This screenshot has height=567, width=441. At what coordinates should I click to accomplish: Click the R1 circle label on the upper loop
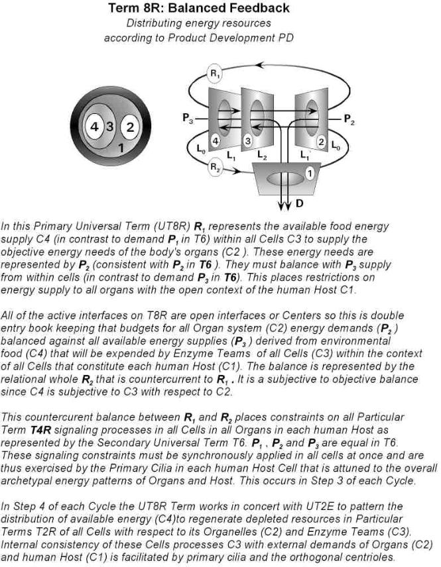pos(214,74)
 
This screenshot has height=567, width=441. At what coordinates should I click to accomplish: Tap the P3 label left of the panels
pos(188,119)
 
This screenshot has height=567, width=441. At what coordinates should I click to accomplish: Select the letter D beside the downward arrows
pos(300,203)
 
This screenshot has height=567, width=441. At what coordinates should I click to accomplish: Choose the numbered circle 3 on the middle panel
pos(247,140)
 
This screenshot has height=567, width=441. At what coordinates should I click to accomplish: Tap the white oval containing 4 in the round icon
pos(95,126)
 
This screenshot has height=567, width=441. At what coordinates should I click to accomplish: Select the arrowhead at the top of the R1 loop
pos(260,65)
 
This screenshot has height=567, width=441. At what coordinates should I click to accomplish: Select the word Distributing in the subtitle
pos(155,23)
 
